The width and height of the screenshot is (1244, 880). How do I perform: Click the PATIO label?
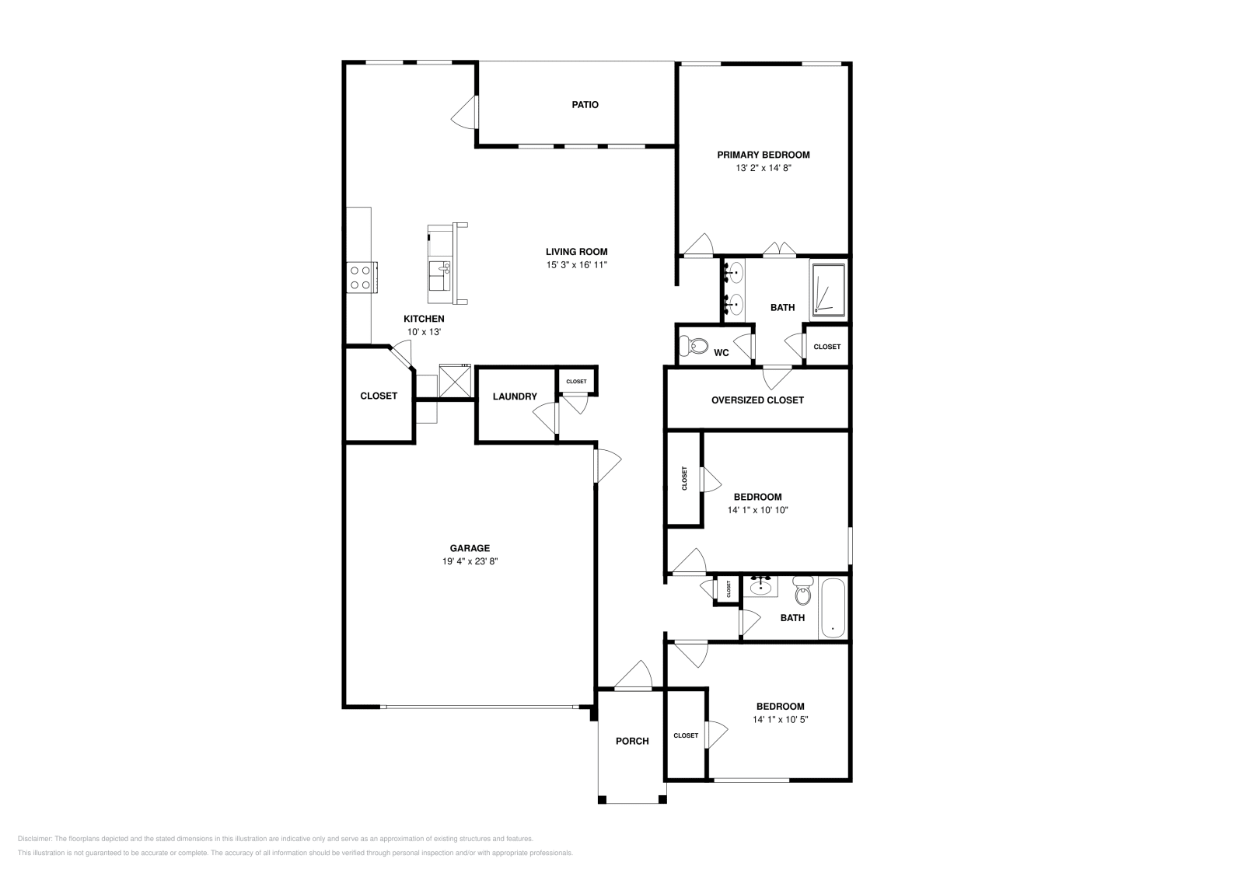pos(585,104)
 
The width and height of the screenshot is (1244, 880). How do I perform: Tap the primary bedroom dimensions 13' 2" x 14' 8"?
pos(763,167)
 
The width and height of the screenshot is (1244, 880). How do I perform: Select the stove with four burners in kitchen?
pos(361,277)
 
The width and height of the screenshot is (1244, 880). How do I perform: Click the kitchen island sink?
pos(444,270)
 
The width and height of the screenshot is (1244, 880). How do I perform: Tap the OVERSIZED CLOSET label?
pos(757,400)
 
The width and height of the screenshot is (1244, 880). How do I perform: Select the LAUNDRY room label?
pos(515,396)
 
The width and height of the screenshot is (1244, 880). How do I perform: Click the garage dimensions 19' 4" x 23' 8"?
pos(469,561)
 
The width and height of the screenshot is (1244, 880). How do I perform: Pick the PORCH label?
pos(632,741)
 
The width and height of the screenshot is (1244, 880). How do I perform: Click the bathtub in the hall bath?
pos(833,608)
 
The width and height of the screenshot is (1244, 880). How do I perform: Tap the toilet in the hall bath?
pos(802,593)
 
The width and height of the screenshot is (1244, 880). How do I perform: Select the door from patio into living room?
pos(466,113)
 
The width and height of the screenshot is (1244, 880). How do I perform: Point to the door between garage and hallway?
pos(606,466)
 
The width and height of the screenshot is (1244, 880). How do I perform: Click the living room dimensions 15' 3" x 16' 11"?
pos(575,264)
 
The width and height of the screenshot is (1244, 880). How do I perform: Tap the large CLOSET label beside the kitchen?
pos(379,396)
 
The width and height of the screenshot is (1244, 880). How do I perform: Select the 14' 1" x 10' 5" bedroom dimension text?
pos(780,719)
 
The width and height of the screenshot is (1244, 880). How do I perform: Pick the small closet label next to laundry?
pos(576,382)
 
